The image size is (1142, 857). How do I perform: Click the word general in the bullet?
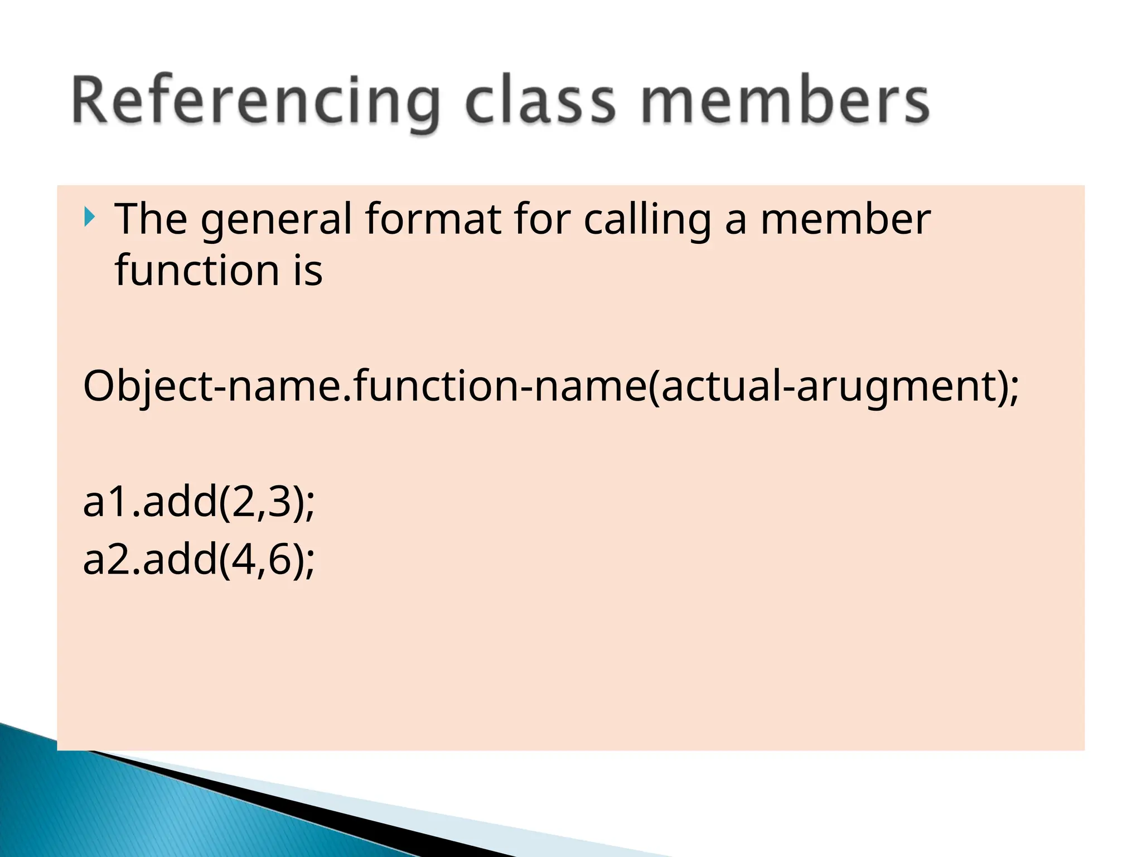coord(277,220)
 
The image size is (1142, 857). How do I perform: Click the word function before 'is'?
coord(197,271)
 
